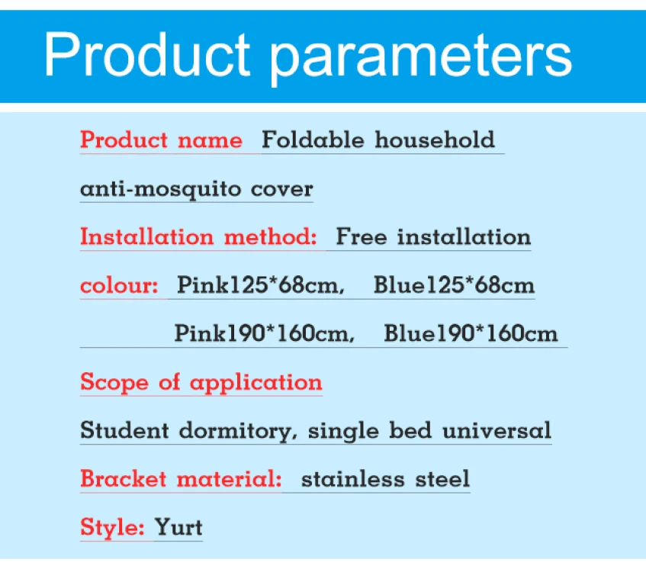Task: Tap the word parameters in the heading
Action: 421,55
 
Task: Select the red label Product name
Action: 161,140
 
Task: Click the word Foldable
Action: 313,140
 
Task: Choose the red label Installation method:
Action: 198,236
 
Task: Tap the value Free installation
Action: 433,236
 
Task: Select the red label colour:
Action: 119,285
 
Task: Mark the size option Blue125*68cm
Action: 454,285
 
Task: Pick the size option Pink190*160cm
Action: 264,333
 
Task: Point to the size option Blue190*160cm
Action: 471,333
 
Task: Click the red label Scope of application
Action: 201,382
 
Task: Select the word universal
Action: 497,431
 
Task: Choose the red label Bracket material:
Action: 181,479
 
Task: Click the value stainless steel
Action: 385,479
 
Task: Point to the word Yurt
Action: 178,527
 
